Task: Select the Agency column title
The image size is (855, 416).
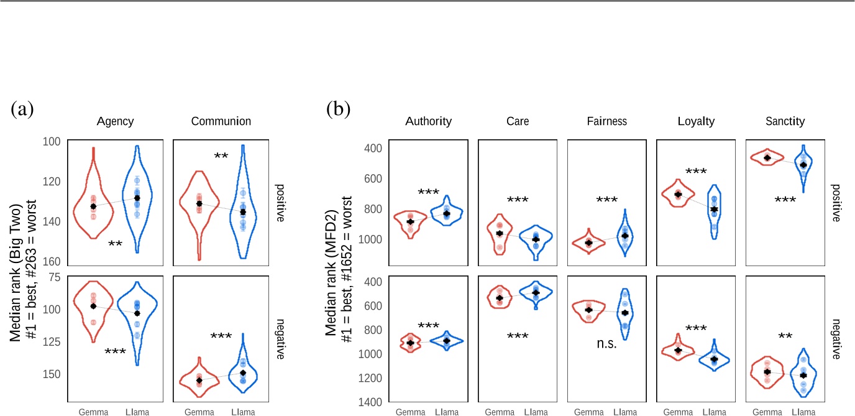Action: (115, 122)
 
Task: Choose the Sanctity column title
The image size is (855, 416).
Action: (785, 122)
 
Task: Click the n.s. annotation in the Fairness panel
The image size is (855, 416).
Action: (606, 344)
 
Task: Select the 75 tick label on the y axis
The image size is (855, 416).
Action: (53, 278)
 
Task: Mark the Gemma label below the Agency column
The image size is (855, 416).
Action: (93, 412)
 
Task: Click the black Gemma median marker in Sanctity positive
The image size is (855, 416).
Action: (767, 158)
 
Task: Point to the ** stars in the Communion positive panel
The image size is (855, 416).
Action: (220, 155)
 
